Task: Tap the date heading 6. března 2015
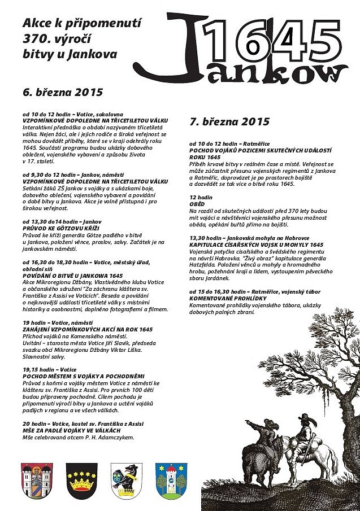pyautogui.click(x=63, y=92)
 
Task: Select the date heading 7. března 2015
pyautogui.click(x=230, y=121)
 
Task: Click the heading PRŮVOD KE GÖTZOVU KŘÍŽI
pyautogui.click(x=60, y=228)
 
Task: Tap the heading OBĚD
pyautogui.click(x=198, y=204)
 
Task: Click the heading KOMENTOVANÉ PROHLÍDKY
pyautogui.click(x=225, y=298)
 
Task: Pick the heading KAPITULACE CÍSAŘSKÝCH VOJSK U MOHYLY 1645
pyautogui.click(x=256, y=244)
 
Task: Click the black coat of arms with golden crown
pyautogui.click(x=81, y=479)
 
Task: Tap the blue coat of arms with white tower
pyautogui.click(x=171, y=479)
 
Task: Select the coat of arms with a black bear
pyautogui.click(x=126, y=479)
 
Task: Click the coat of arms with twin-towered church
pyautogui.click(x=37, y=479)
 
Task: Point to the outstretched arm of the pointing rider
pyautogui.click(x=254, y=424)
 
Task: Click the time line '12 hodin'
pyautogui.click(x=201, y=198)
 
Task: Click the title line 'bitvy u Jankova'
pyautogui.click(x=70, y=55)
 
